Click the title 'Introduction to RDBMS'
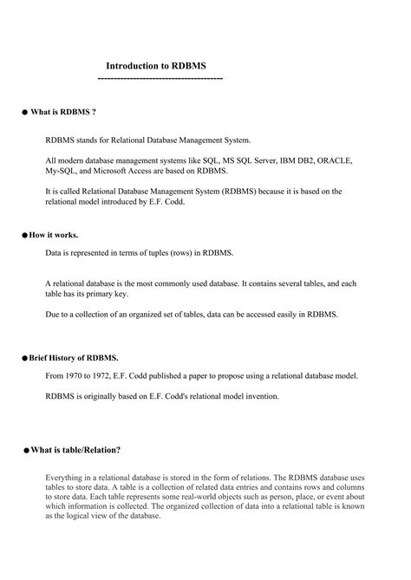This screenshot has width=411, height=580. (156, 66)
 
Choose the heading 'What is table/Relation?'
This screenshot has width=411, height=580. (75, 450)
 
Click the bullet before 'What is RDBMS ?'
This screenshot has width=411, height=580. (24, 113)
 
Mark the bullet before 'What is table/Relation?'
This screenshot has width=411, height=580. (25, 451)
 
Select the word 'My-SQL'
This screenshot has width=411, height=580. (62, 172)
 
